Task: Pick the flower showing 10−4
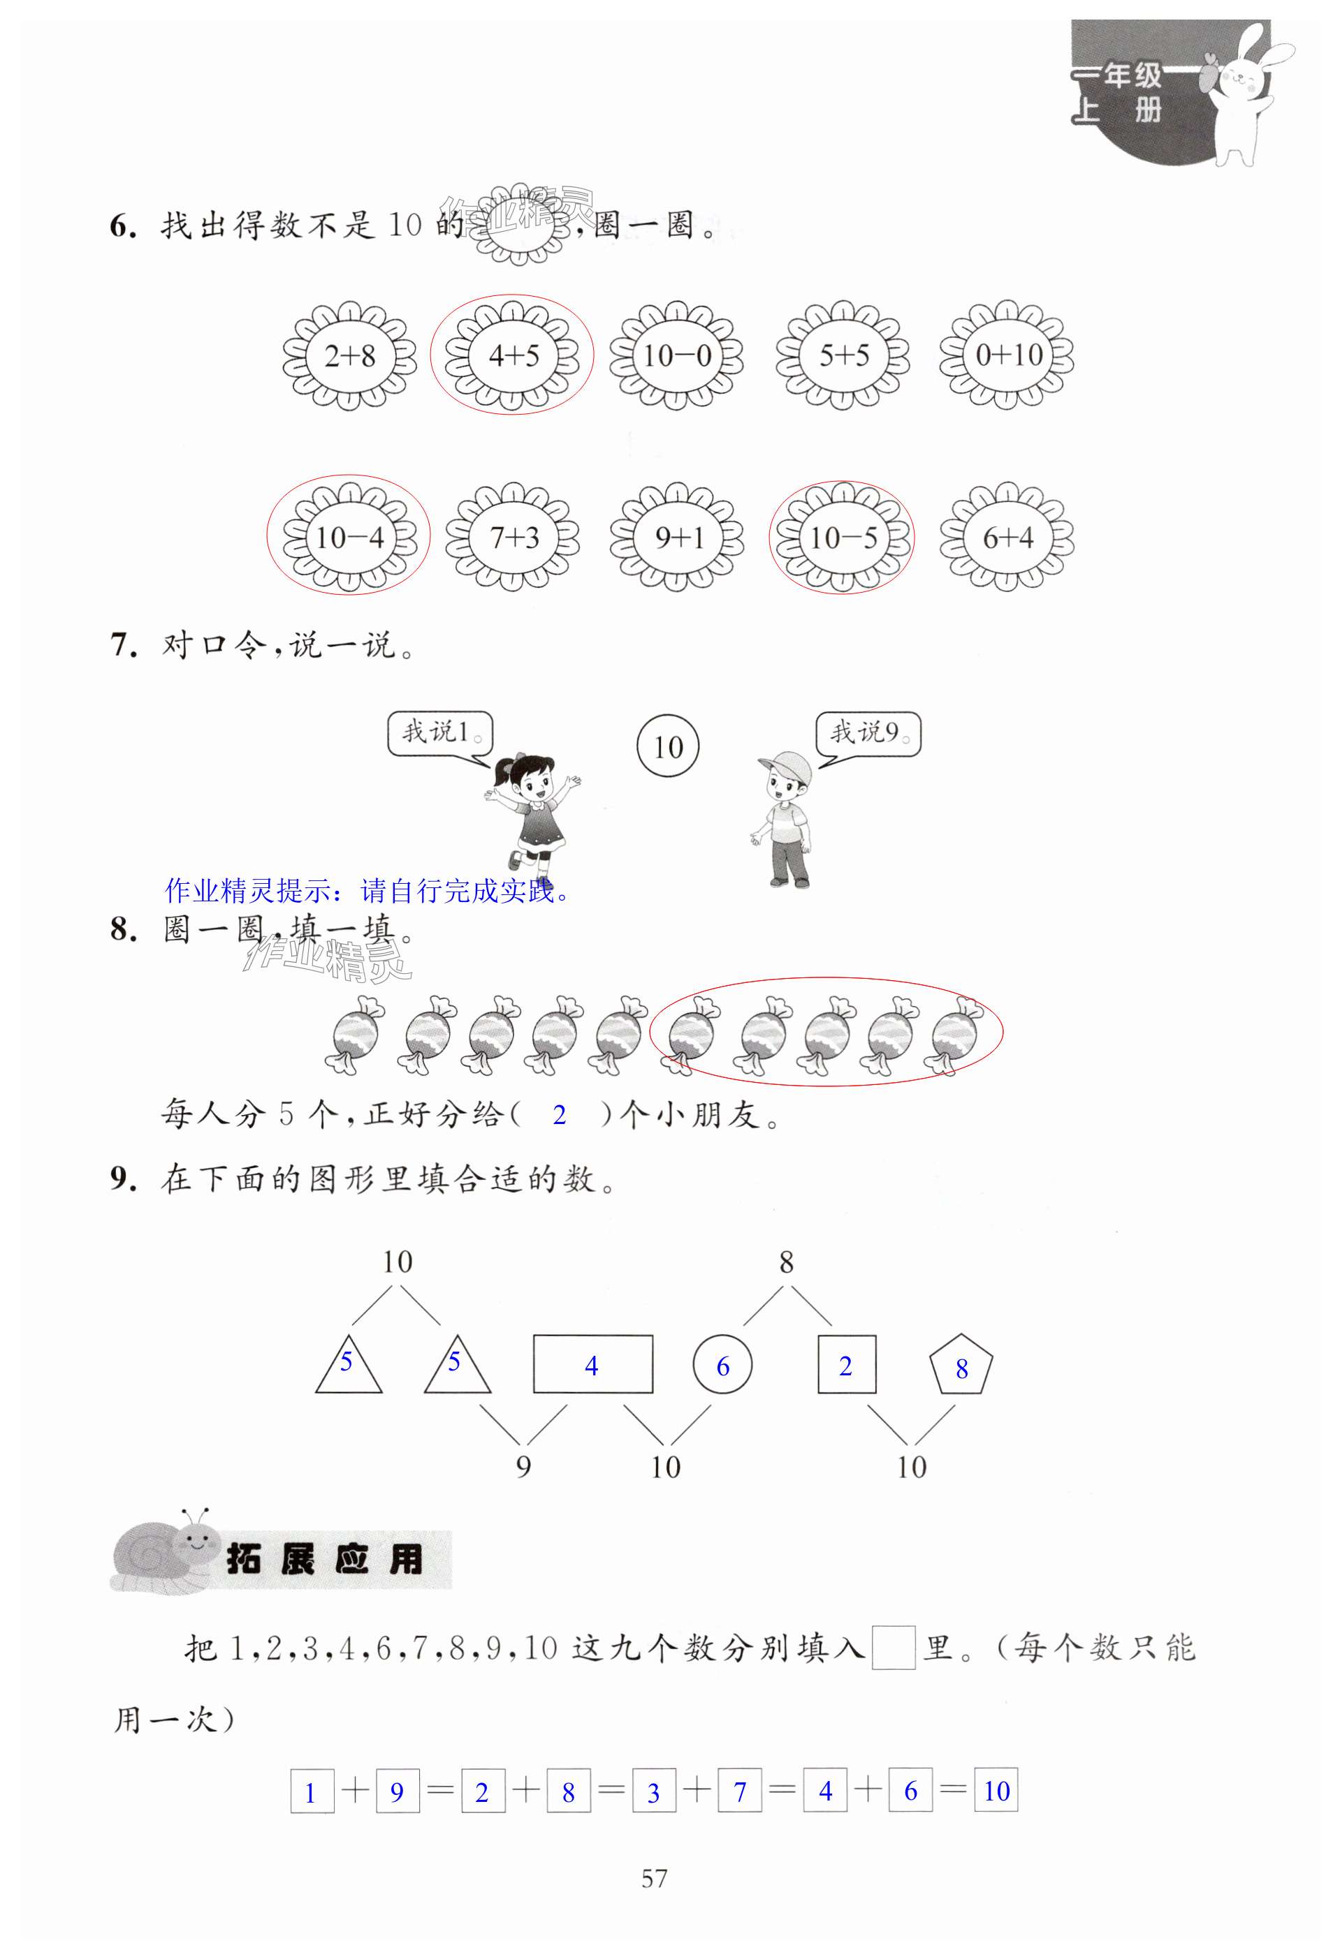pos(349,537)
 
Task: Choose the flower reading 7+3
pos(513,537)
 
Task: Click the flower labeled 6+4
pos(1007,537)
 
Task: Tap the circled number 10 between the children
pos(667,747)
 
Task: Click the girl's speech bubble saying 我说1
pos(439,732)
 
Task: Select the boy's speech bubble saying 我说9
pos(868,732)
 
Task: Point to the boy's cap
pos(787,767)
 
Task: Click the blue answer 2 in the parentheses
pos(559,1114)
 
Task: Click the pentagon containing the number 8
pos(961,1366)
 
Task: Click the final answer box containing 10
pos(996,1791)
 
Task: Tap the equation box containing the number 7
pos(740,1791)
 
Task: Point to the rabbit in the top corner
pos(1248,93)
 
